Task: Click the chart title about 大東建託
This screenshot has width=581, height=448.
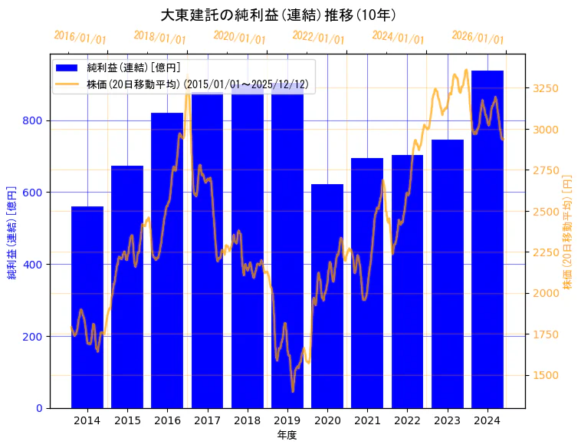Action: click(x=278, y=15)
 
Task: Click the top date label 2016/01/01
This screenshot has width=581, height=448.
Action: click(x=80, y=38)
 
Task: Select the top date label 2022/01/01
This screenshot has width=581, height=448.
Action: click(x=319, y=38)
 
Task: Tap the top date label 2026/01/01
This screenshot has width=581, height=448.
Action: click(x=478, y=38)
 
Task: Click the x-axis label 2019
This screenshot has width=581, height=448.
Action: click(x=287, y=420)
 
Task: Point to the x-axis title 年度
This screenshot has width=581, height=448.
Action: click(x=287, y=435)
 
